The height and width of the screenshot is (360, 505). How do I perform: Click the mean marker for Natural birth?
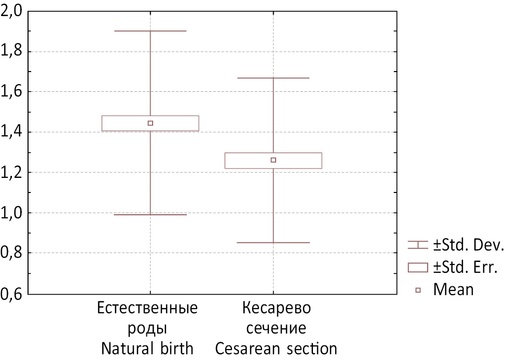coord(151,123)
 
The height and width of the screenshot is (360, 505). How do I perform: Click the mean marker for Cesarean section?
coord(274,160)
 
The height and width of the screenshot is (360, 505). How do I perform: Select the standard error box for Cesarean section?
coord(301,160)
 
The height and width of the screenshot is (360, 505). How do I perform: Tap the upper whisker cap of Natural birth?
coord(151,31)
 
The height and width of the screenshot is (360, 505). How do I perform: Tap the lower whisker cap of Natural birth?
coord(151,215)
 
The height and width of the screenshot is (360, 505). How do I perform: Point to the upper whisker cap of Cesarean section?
coord(274,78)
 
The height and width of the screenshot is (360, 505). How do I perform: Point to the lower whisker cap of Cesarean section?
coord(274,243)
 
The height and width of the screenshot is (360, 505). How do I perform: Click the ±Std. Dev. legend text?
coord(466,245)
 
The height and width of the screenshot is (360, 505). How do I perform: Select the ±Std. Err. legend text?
coord(465,267)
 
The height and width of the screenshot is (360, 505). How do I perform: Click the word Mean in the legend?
coord(454,289)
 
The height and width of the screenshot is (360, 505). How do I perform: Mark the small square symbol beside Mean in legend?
coord(418,289)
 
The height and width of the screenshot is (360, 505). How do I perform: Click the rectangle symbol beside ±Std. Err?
coord(418,267)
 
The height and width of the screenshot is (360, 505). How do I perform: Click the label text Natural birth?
coord(147,348)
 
